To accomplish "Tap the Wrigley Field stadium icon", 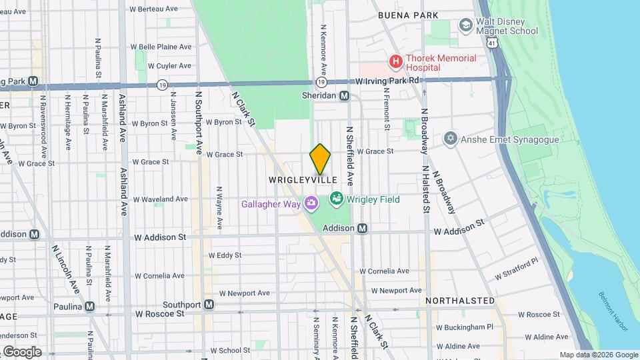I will pos(336,199).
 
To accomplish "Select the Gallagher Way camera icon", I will pos(311,203).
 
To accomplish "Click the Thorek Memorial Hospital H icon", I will pos(396,63).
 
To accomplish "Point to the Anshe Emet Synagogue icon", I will pos(451,139).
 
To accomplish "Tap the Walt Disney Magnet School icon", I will pos(466,25).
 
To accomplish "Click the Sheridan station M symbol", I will pos(345,96).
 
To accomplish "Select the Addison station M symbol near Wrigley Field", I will pos(362,228).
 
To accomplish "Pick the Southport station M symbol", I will pos(209,305).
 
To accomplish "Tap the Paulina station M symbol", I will pos(89,307).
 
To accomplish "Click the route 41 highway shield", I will pos(492,42).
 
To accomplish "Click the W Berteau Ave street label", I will pos(154,9).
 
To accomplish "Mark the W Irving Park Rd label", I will pos(387,81).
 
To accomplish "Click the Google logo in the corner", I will pos(22,351).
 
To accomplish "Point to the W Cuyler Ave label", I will pos(169,66).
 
